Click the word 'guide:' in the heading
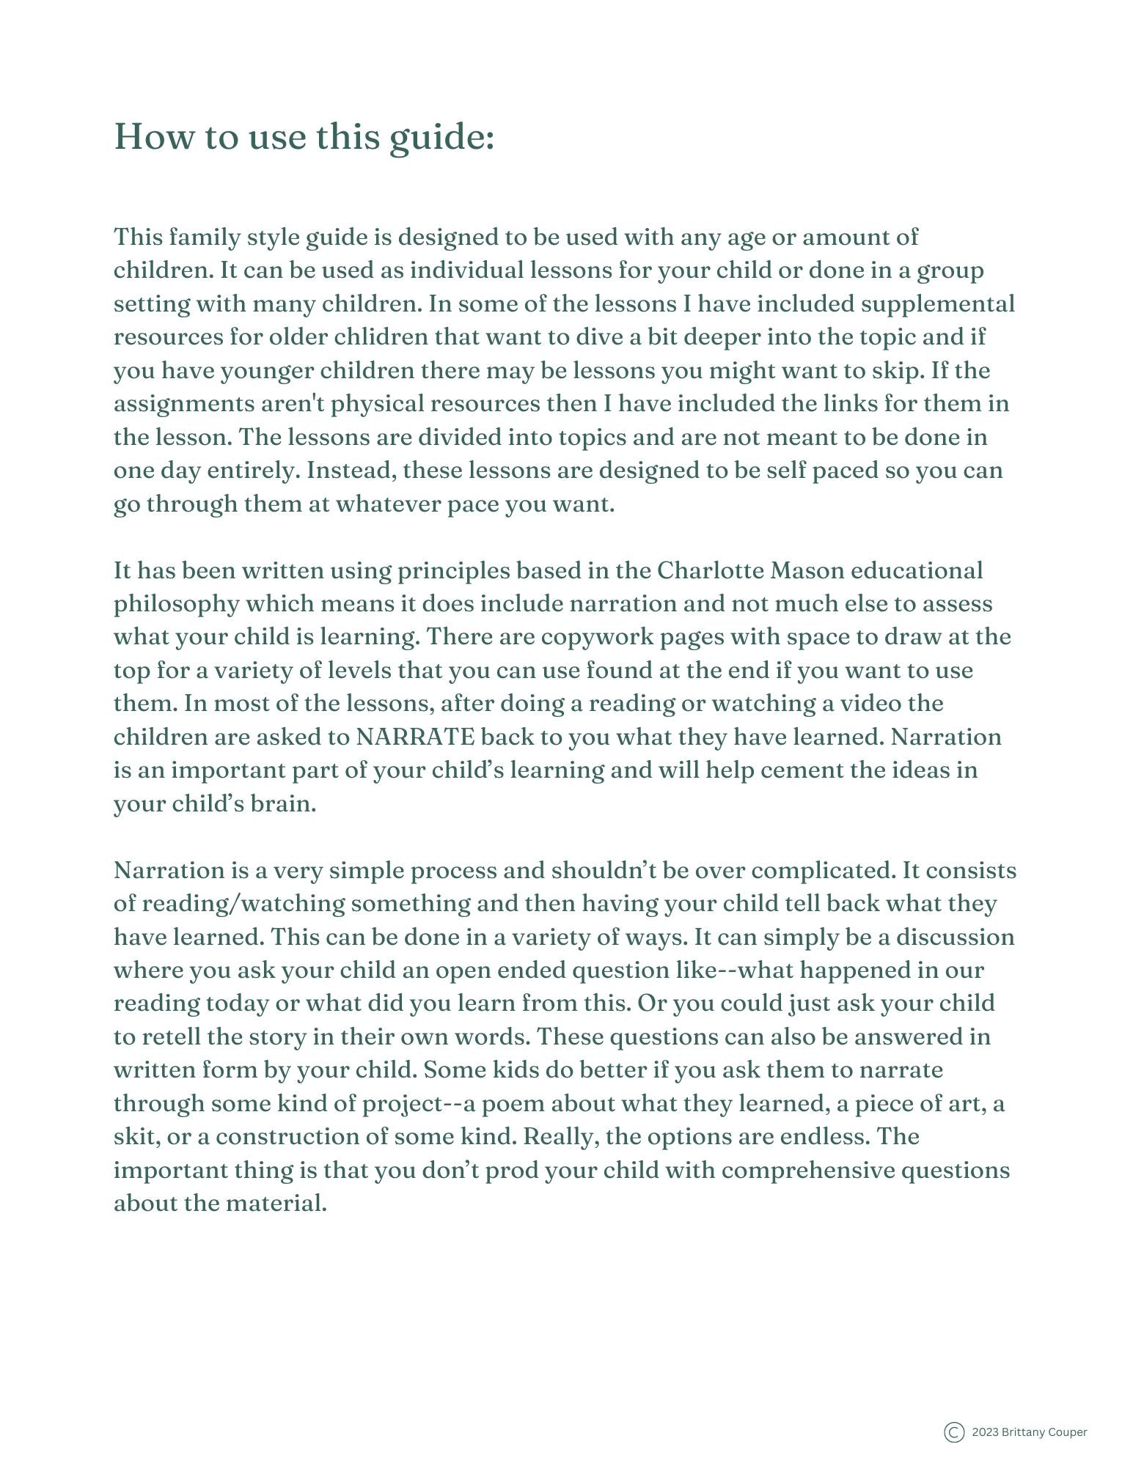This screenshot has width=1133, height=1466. (x=441, y=138)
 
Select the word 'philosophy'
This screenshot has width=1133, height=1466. (x=177, y=604)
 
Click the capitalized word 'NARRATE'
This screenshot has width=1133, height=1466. (x=415, y=737)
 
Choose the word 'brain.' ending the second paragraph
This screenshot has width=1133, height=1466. (x=283, y=804)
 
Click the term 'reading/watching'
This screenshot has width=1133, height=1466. (x=243, y=904)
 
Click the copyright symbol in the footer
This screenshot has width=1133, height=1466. (x=953, y=1432)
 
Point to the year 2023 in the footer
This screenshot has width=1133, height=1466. (x=985, y=1432)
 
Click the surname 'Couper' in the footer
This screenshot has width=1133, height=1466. (x=1068, y=1432)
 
